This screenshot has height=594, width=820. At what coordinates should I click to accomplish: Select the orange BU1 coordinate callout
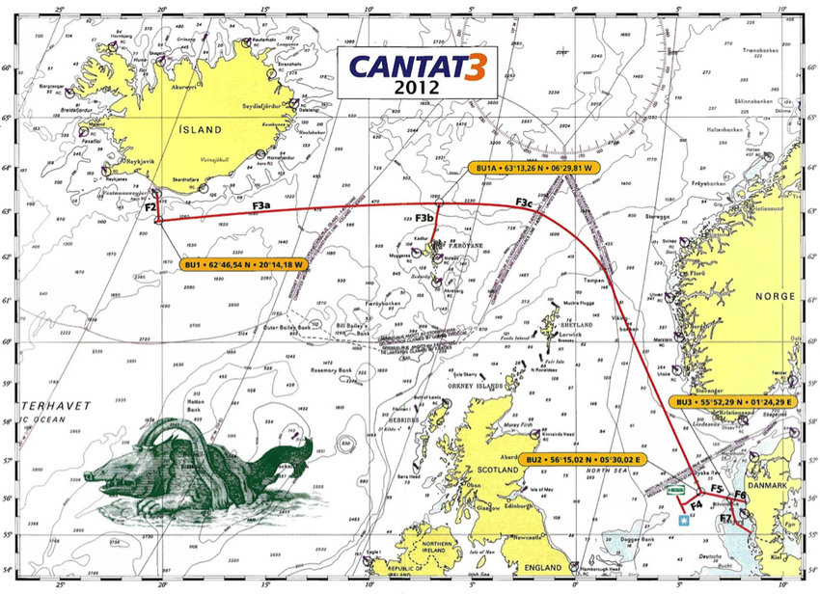243,263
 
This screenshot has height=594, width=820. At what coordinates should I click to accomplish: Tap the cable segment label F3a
261,205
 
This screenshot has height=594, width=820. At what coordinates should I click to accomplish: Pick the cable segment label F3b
424,219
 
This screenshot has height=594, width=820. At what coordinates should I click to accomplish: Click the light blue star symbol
684,521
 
